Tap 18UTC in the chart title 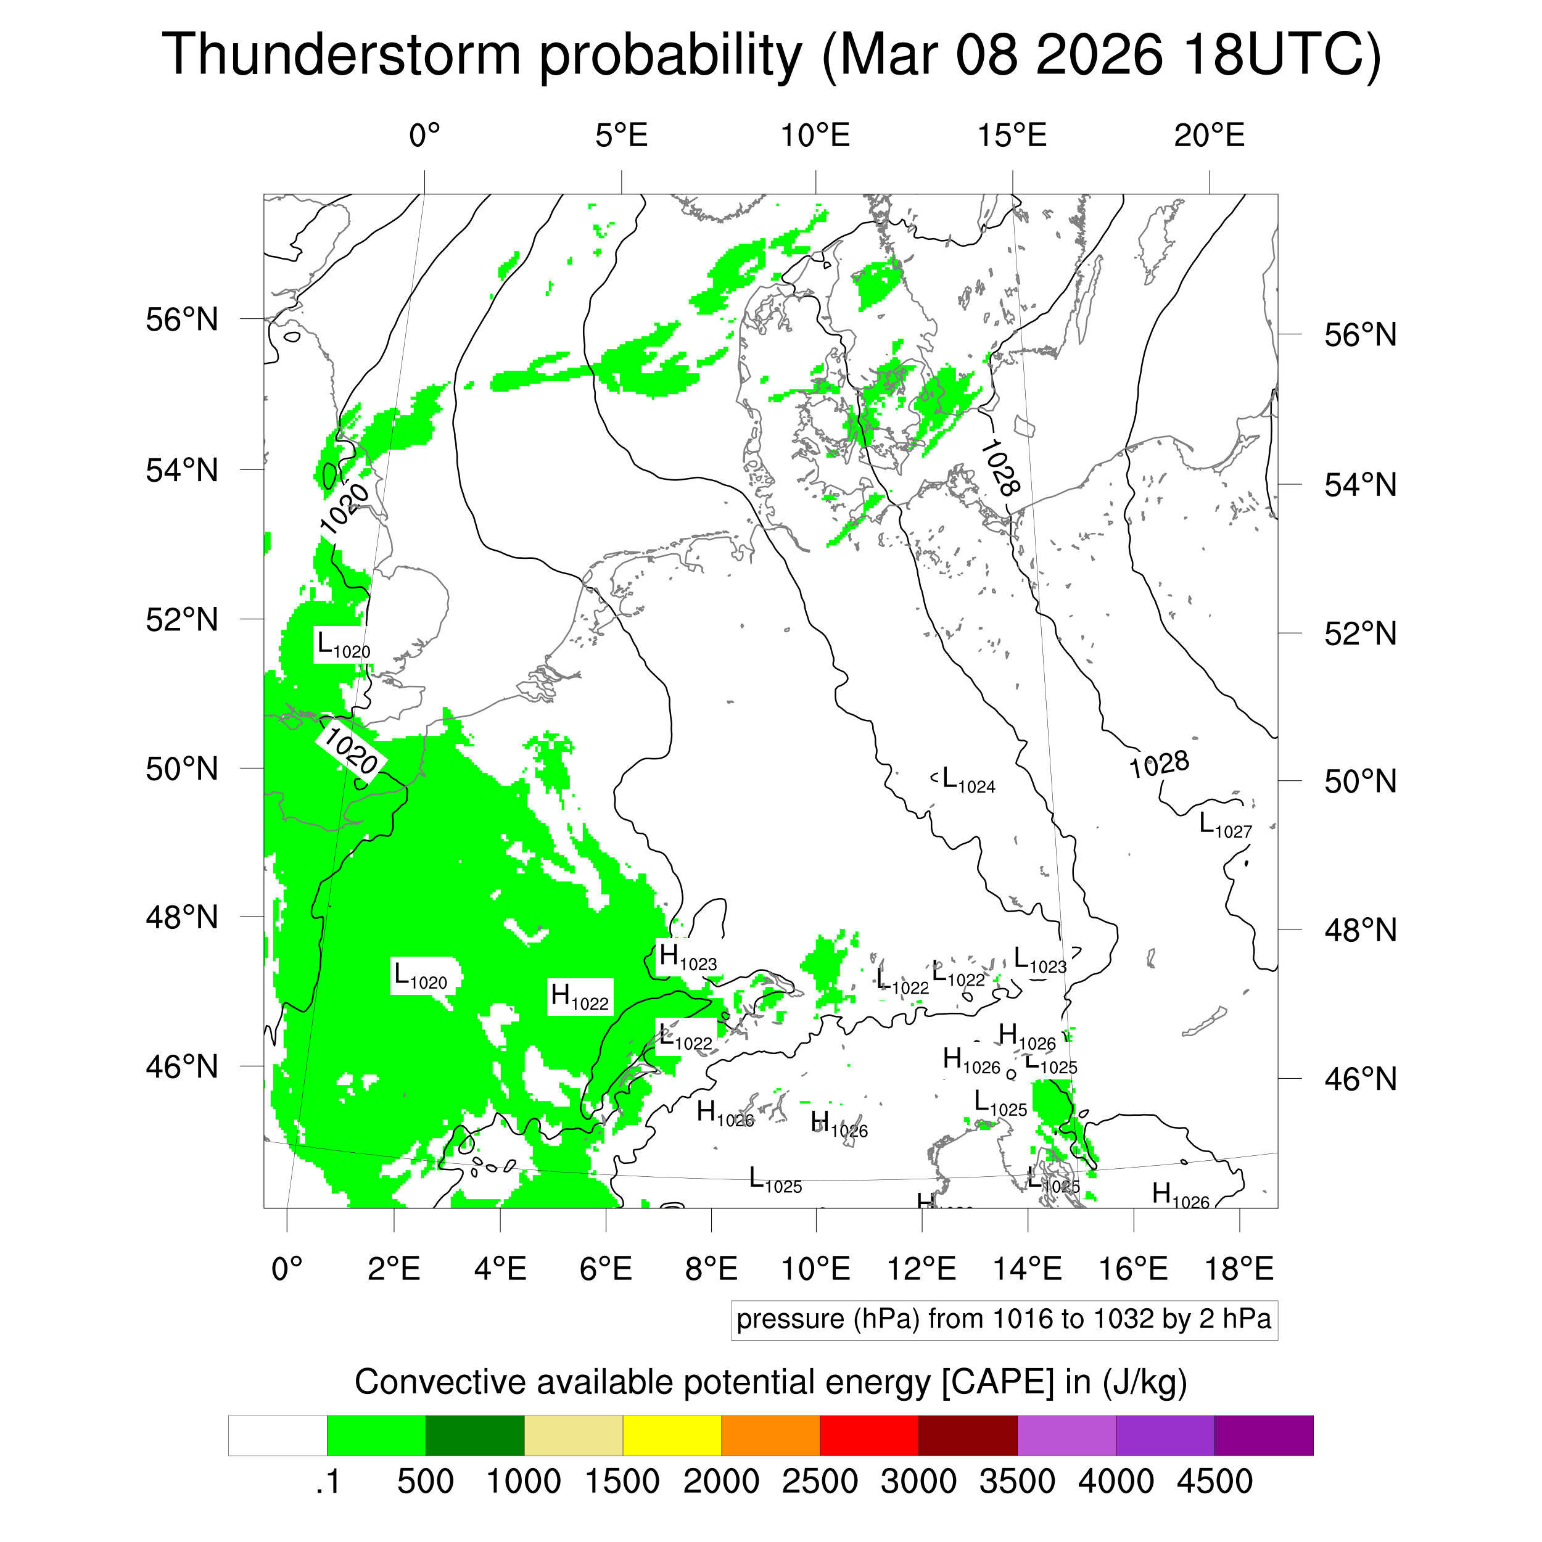pyautogui.click(x=1281, y=54)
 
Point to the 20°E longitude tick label pyautogui.click(x=1209, y=136)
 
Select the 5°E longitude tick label pyautogui.click(x=621, y=136)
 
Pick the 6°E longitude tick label pyautogui.click(x=606, y=1268)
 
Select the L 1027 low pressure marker pyautogui.click(x=1225, y=825)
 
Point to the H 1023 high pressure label pyautogui.click(x=687, y=957)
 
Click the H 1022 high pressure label pyautogui.click(x=579, y=997)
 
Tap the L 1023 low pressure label pyautogui.click(x=1039, y=960)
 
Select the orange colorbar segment pyautogui.click(x=770, y=1436)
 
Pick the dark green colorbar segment pyautogui.click(x=474, y=1436)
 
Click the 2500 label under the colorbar pyautogui.click(x=820, y=1482)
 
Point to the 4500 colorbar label pyautogui.click(x=1214, y=1482)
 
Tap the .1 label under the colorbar pyautogui.click(x=328, y=1482)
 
